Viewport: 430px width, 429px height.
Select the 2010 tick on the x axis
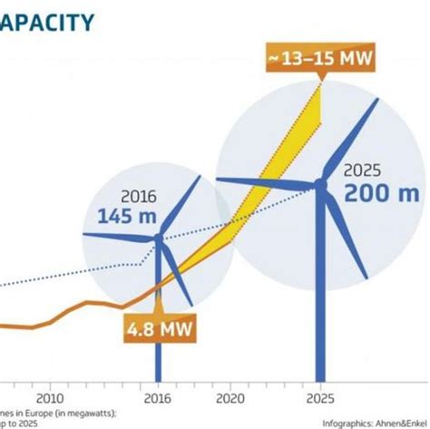click(x=50, y=397)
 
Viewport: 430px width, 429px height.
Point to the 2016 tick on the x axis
click(x=157, y=397)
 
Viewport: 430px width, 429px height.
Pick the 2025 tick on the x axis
click(x=318, y=397)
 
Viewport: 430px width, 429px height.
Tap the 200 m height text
click(x=382, y=192)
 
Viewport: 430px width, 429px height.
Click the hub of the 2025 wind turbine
click(x=319, y=185)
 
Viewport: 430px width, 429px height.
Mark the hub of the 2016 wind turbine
click(x=158, y=239)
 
